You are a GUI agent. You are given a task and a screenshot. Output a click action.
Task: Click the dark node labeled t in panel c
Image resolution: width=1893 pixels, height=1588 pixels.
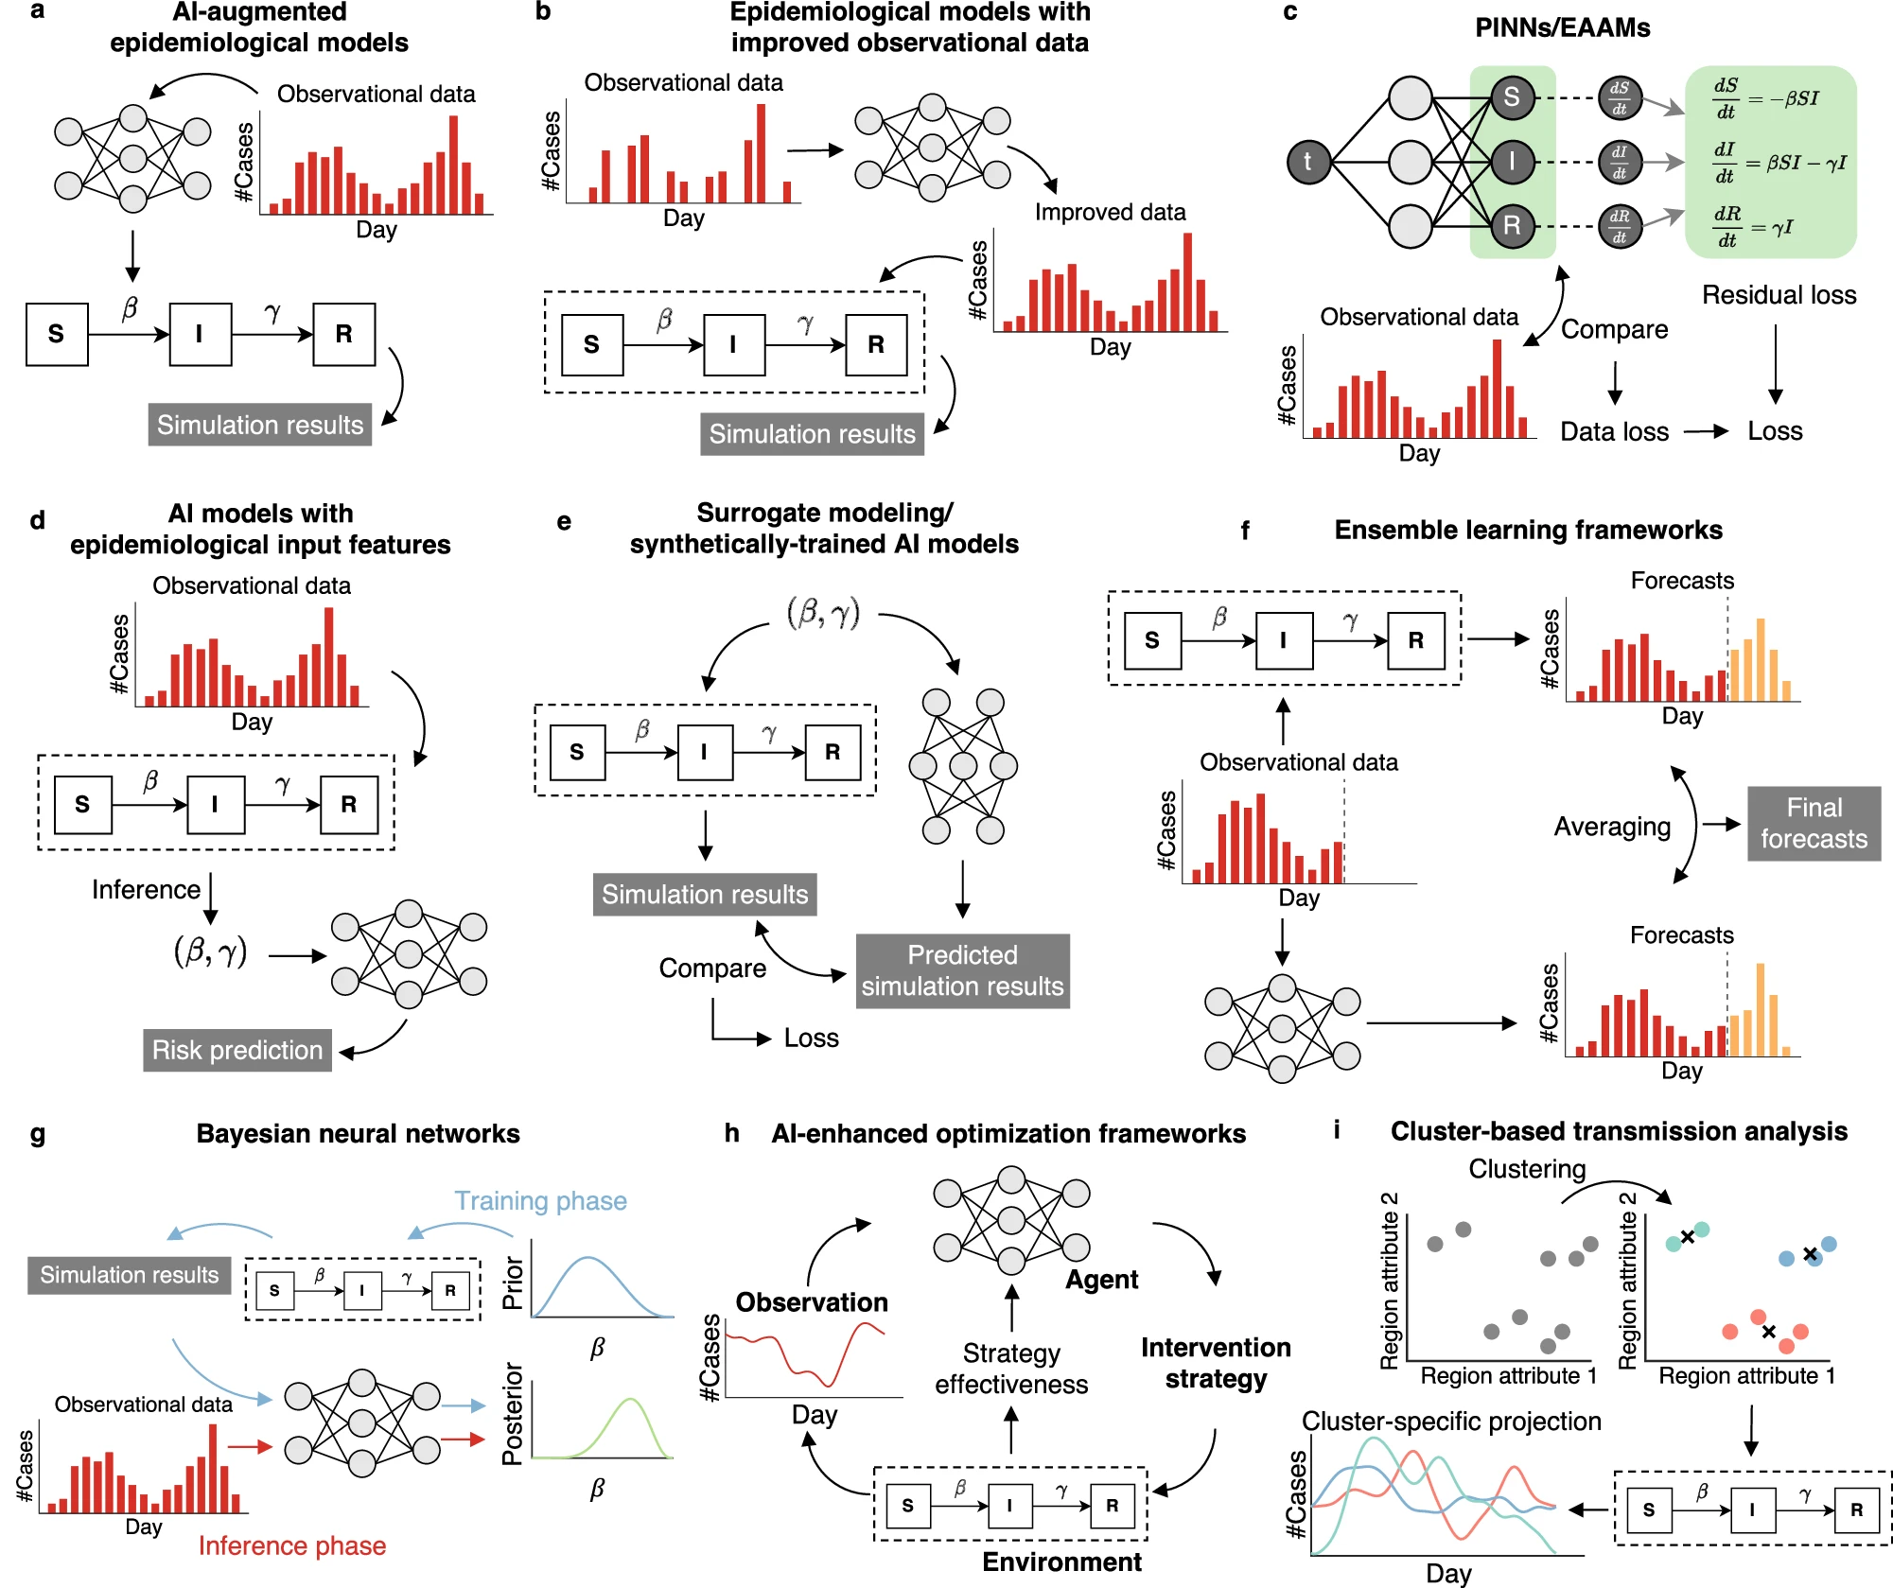click(x=1308, y=162)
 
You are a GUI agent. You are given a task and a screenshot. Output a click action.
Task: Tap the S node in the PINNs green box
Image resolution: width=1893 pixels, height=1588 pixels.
click(x=1512, y=96)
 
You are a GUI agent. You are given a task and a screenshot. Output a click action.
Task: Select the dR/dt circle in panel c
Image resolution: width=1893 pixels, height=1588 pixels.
click(x=1619, y=226)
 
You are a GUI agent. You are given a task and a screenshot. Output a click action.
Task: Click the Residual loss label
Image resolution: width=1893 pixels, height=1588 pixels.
click(x=1779, y=295)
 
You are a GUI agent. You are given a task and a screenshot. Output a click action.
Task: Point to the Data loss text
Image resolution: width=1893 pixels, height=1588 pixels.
click(x=1614, y=432)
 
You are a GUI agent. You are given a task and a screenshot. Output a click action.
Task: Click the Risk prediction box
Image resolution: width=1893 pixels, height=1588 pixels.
click(x=237, y=1051)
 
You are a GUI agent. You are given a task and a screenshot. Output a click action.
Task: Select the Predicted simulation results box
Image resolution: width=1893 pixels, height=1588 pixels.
click(x=962, y=971)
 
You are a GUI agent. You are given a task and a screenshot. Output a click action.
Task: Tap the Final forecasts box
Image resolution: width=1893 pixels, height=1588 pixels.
click(x=1814, y=824)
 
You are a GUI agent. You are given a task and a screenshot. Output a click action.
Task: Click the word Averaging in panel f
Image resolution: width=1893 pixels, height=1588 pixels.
click(x=1612, y=827)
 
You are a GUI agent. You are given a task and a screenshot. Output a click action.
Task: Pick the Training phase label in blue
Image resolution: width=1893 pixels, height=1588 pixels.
click(x=540, y=1201)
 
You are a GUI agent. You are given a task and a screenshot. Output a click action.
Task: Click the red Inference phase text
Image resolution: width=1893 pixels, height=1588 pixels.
click(x=292, y=1545)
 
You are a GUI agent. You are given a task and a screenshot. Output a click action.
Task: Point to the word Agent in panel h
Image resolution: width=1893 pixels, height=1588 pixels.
click(x=1101, y=1280)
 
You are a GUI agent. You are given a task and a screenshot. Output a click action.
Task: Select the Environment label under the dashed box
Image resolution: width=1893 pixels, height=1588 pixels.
click(x=1061, y=1562)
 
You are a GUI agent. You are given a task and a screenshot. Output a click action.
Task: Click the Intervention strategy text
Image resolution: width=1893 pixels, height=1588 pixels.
click(x=1216, y=1363)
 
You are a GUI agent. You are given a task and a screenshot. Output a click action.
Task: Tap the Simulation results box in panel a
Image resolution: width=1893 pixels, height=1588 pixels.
click(x=259, y=426)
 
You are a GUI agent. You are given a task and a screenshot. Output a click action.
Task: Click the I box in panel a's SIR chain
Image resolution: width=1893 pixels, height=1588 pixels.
click(x=200, y=334)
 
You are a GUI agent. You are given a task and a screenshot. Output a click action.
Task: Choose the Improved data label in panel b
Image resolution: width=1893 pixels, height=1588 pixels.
click(x=1110, y=212)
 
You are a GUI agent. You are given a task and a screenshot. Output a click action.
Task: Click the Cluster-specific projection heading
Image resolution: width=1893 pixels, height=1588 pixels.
click(x=1451, y=1422)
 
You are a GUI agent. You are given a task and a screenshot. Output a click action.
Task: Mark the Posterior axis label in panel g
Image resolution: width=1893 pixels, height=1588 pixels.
click(x=513, y=1414)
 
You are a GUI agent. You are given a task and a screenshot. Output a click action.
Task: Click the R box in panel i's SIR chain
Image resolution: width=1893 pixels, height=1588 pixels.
click(x=1856, y=1509)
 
